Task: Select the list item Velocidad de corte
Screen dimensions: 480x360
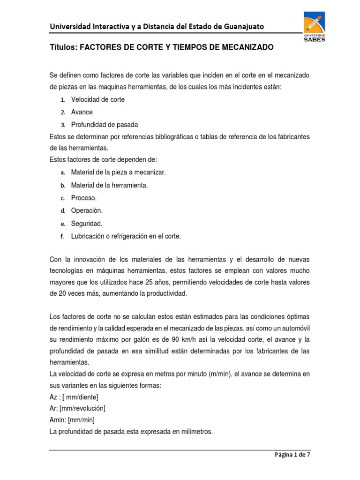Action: [98, 100]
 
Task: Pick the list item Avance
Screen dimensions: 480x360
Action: [82, 112]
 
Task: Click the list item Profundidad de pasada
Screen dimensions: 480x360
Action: [105, 125]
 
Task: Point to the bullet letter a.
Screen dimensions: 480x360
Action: [62, 172]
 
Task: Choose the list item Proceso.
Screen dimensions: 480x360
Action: [84, 198]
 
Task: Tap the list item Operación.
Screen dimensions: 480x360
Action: [87, 211]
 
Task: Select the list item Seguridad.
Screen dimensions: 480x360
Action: [87, 224]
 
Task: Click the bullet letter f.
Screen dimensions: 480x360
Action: [62, 237]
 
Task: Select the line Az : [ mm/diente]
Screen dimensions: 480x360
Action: [74, 397]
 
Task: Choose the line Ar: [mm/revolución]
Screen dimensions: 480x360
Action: [77, 408]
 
